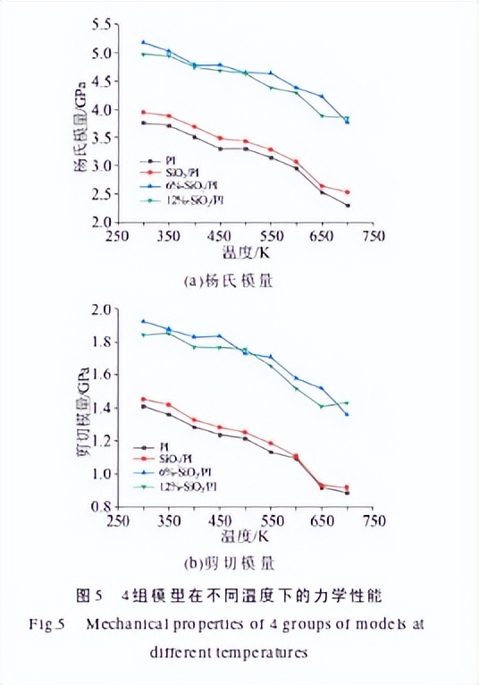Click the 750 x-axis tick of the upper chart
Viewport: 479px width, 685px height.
pyautogui.click(x=374, y=236)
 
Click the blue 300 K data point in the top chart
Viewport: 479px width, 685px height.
pyautogui.click(x=143, y=42)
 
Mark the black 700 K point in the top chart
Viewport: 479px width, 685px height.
pyautogui.click(x=348, y=206)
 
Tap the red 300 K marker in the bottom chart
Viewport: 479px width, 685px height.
pyautogui.click(x=143, y=399)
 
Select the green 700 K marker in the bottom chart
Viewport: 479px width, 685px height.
pyautogui.click(x=348, y=403)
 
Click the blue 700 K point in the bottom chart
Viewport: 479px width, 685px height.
pyautogui.click(x=348, y=414)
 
